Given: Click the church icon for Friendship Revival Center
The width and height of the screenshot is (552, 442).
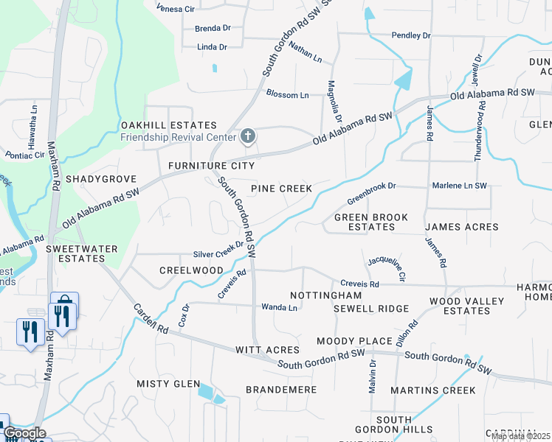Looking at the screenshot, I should coord(248,136).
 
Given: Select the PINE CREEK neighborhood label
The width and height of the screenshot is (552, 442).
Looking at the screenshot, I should coord(281,189).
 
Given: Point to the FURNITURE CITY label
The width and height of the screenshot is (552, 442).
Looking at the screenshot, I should coord(211,166).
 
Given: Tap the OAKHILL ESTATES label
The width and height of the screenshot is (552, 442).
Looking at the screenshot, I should coord(169,125).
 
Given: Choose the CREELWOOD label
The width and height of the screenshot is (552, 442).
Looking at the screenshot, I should coord(191,270).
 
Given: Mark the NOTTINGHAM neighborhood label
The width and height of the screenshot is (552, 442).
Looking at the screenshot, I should coord(325,295).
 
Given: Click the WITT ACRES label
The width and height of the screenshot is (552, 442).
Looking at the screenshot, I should coord(267,350).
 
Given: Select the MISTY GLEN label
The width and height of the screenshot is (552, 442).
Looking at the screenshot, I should coord(168,384).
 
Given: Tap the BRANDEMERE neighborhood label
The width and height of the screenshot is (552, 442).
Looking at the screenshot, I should coord(281,389).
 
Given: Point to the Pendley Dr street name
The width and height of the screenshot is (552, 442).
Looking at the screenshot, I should coord(410,35).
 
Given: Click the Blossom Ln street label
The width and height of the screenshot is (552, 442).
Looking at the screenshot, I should coord(287,95).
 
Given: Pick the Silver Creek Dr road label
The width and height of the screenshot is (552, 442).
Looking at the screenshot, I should coord(218,254).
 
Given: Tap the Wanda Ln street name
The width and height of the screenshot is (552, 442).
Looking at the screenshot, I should coord(279,307).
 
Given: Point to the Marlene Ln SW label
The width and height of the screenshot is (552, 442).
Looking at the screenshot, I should coord(460,186).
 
